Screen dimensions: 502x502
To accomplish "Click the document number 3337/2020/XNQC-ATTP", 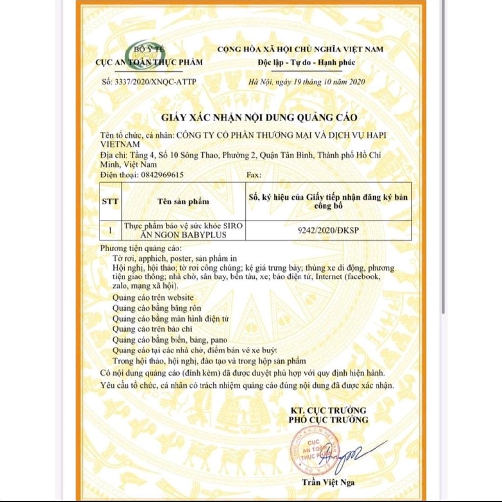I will tap(149, 82).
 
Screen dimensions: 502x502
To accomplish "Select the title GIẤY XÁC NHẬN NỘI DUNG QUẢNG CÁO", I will tap(260, 118).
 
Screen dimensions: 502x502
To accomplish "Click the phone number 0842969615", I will tap(162, 175).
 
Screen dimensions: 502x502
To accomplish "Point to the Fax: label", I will tap(252, 175).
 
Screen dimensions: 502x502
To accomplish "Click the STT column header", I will tap(110, 201).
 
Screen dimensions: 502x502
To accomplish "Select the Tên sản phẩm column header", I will tap(183, 201).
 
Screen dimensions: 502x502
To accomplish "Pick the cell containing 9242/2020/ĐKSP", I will tap(328, 230).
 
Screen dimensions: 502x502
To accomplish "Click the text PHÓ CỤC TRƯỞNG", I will tap(328, 420).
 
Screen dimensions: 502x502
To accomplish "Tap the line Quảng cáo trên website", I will tap(152, 298).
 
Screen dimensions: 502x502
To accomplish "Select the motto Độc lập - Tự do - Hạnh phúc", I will tap(306, 62).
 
